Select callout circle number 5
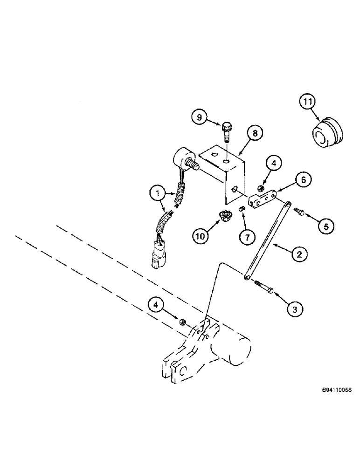point(325,226)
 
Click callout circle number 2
point(298,254)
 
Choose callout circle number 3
point(295,308)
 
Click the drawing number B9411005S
point(335,390)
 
